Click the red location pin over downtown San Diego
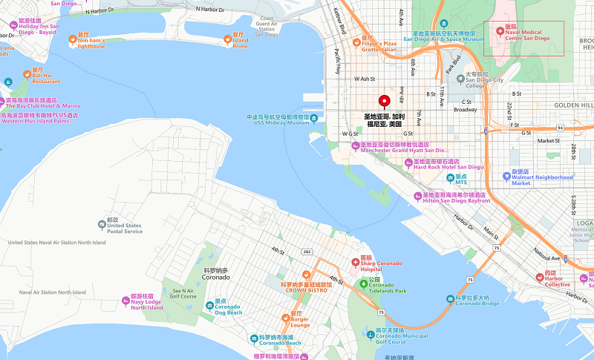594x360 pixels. tap(385, 102)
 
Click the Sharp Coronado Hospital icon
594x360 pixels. tap(355, 261)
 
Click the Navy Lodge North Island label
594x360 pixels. tap(147, 304)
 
